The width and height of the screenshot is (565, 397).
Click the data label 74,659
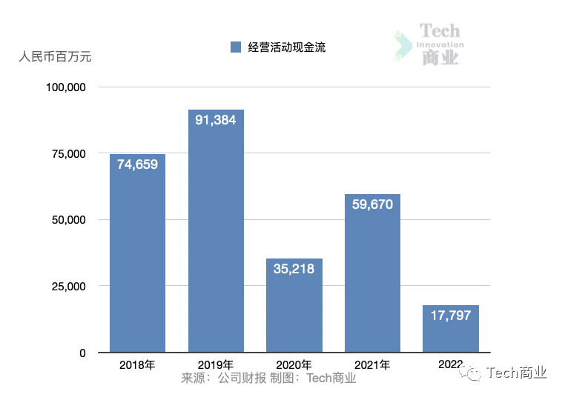coord(137,164)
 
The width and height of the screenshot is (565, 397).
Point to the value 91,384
coord(216,119)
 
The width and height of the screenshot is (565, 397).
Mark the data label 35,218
coord(294,269)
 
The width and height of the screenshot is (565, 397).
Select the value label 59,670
coord(372,204)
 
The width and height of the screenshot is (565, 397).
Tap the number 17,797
coord(451,316)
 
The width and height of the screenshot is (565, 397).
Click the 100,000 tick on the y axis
coord(67,87)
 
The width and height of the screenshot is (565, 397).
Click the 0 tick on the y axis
coord(83,353)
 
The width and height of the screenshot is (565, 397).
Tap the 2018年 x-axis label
coord(137,365)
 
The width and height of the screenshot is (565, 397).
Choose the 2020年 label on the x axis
coord(294,365)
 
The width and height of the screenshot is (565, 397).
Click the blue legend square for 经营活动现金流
coord(236,47)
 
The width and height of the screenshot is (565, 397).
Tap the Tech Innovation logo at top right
coord(430,44)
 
